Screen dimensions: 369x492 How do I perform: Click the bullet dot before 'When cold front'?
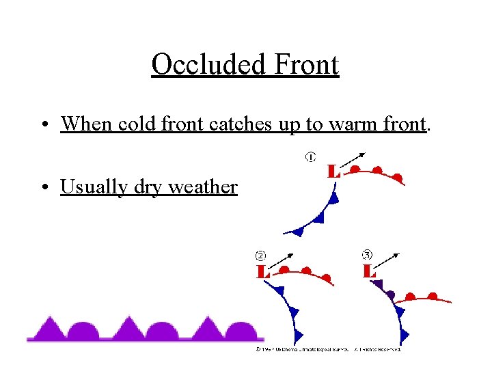coord(43,125)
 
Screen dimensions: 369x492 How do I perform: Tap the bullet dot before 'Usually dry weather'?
coord(43,187)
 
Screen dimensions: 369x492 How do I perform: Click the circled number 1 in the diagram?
coord(310,158)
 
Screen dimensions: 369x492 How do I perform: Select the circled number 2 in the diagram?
coord(260,256)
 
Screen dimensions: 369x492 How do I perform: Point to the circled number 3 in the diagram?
coord(367,255)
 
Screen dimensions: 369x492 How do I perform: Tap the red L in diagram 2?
coord(262,272)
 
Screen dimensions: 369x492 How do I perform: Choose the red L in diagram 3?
coord(369,271)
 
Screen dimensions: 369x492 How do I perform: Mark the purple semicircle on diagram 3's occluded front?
coord(390,295)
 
